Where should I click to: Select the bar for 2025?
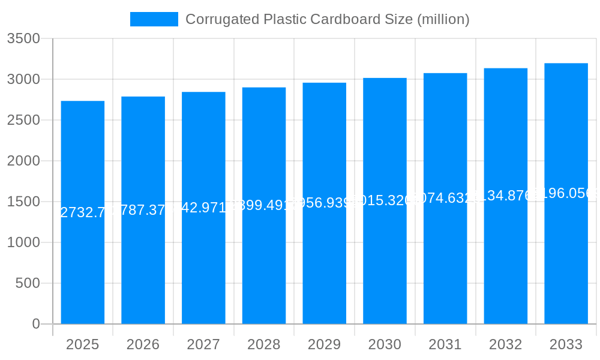click(83, 270)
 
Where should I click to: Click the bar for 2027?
click(203, 270)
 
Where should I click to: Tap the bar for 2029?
click(324, 270)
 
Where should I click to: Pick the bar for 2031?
click(445, 270)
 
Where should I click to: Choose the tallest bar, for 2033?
click(566, 270)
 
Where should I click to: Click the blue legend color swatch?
click(154, 19)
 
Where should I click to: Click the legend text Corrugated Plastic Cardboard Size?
click(327, 19)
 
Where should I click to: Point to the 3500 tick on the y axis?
click(23, 39)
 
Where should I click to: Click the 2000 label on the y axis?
click(23, 161)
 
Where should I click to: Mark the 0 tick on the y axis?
click(35, 324)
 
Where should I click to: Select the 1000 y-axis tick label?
click(23, 242)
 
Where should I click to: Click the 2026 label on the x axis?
click(143, 344)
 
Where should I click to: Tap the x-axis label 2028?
click(264, 344)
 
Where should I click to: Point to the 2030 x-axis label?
click(385, 344)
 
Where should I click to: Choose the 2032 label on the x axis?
click(506, 344)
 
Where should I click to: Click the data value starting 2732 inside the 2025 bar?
click(83, 212)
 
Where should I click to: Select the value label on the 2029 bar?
click(324, 203)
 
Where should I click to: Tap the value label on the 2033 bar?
click(566, 193)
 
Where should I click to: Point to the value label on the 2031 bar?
click(445, 198)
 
